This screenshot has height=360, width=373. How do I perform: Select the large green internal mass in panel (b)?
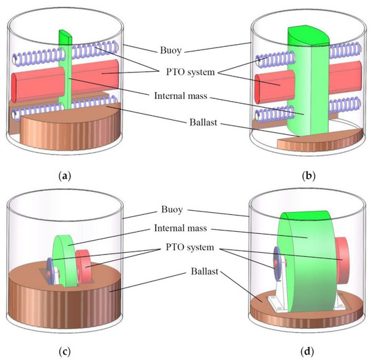coord(309,81)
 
